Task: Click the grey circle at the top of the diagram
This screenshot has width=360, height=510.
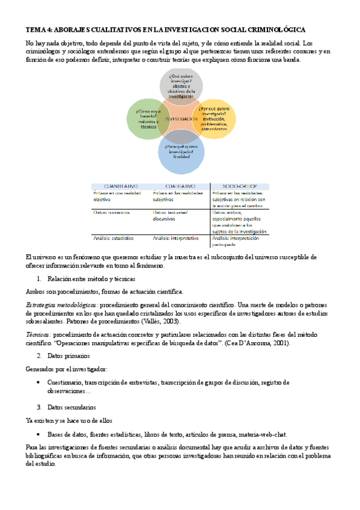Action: [x=181, y=84]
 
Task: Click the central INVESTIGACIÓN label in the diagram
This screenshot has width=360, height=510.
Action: [x=180, y=119]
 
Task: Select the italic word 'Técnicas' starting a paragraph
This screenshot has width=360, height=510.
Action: [x=38, y=333]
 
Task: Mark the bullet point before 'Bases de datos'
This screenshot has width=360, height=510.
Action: [x=38, y=434]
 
